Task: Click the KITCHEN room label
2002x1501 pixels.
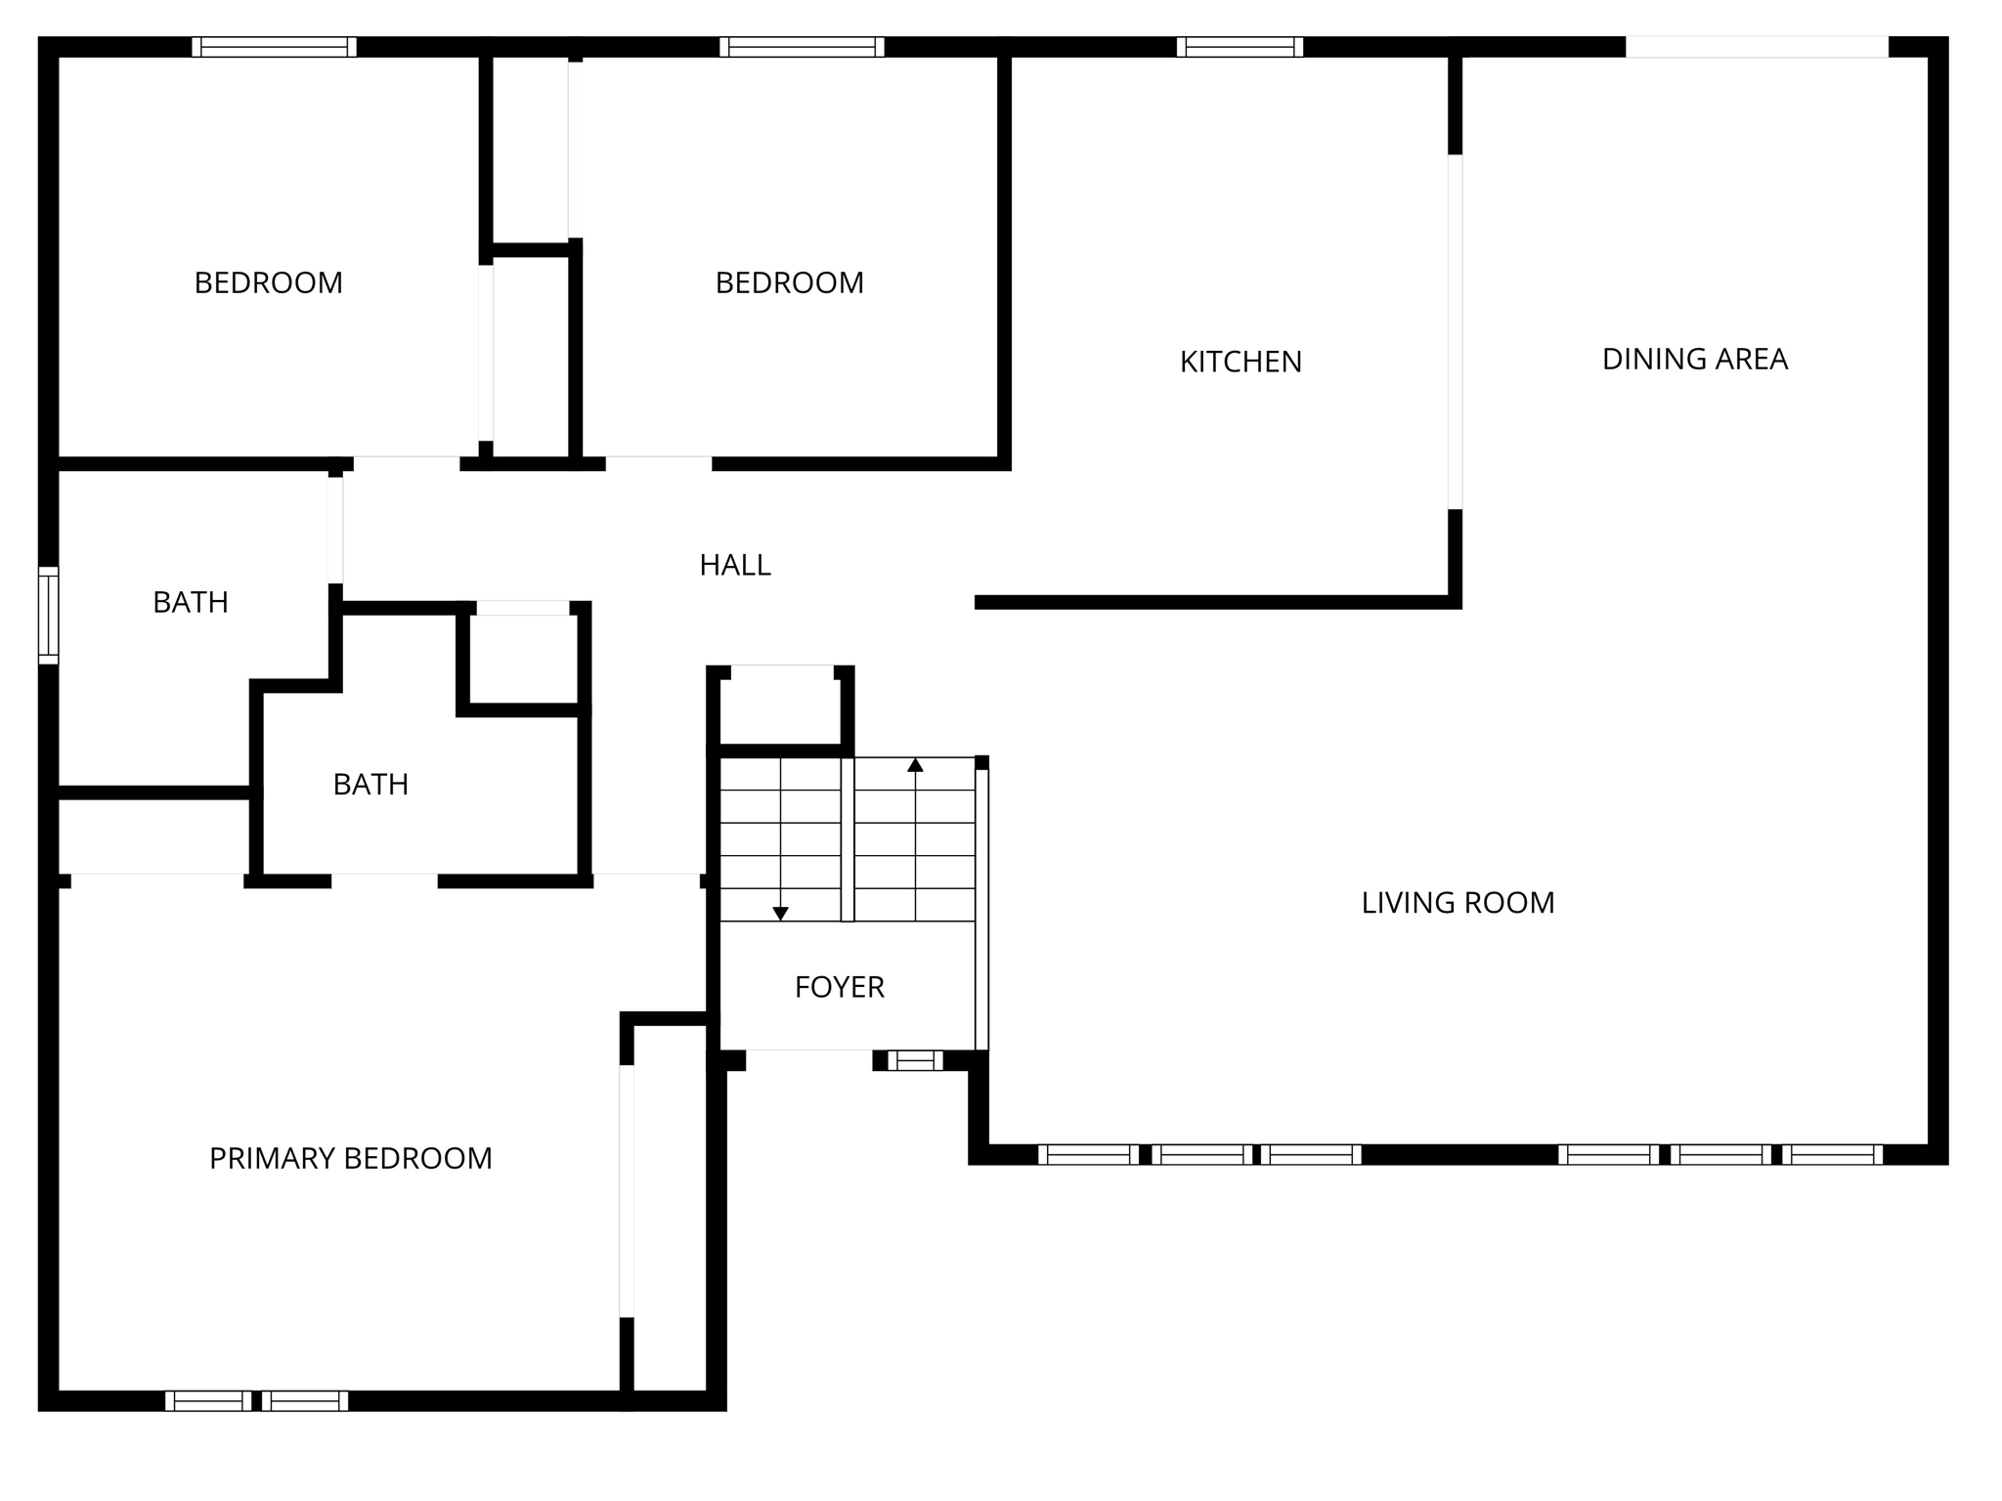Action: pyautogui.click(x=1240, y=362)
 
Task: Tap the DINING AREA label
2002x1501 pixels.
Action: pyautogui.click(x=1695, y=360)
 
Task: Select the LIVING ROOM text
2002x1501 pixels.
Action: pyautogui.click(x=1458, y=903)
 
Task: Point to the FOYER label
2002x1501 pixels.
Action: pyautogui.click(x=840, y=987)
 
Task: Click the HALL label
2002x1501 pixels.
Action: pyautogui.click(x=735, y=565)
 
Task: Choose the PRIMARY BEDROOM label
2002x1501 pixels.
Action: pyautogui.click(x=351, y=1158)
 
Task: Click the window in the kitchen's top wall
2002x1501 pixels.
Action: pyautogui.click(x=1240, y=47)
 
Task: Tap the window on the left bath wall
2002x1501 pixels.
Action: pyautogui.click(x=49, y=615)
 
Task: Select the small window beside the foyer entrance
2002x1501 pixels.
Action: pyautogui.click(x=916, y=1060)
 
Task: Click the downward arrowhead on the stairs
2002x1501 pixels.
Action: pyautogui.click(x=780, y=914)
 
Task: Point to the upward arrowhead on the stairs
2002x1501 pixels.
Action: pyautogui.click(x=915, y=765)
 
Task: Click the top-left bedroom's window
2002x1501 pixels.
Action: pyautogui.click(x=274, y=47)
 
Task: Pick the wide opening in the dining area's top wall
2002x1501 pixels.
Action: pyautogui.click(x=1757, y=47)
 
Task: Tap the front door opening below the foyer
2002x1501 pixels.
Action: pyautogui.click(x=809, y=1060)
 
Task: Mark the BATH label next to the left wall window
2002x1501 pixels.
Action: pyautogui.click(x=191, y=603)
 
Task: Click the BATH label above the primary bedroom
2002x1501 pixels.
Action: pyautogui.click(x=370, y=785)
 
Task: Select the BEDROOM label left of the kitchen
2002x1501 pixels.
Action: pyautogui.click(x=790, y=283)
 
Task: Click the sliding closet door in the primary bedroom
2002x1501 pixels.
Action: pyautogui.click(x=627, y=1190)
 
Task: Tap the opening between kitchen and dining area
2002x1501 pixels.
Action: pyautogui.click(x=1455, y=331)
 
